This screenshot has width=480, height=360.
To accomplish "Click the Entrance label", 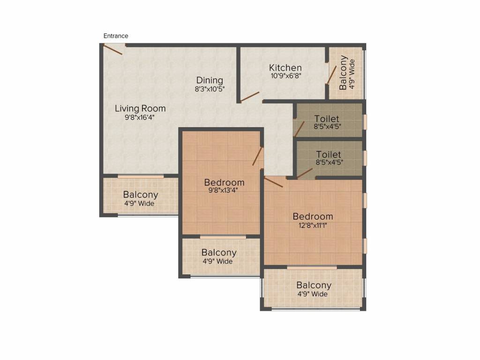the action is click(116, 36).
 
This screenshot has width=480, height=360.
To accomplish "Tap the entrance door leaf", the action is click(113, 50).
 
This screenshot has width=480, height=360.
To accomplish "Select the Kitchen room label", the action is click(285, 67).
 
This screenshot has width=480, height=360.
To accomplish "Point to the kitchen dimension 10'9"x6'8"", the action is click(286, 75).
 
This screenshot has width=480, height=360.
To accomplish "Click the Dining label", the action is click(210, 80).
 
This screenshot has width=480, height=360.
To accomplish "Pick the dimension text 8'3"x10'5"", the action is click(210, 89).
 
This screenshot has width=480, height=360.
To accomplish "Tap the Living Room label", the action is click(140, 108).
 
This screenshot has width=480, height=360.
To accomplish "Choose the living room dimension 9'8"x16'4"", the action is click(139, 117).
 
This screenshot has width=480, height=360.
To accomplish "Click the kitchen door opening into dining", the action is click(250, 97).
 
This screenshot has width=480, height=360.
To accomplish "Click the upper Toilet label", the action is click(327, 119).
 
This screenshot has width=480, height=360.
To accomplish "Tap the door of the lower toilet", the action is click(305, 173).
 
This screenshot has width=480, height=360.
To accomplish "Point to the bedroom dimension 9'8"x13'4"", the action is click(223, 190).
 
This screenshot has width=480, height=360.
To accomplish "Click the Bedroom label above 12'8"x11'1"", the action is click(313, 217).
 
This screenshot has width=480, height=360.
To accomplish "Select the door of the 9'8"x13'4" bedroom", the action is click(258, 157).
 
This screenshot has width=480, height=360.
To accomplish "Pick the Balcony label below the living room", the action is click(141, 195).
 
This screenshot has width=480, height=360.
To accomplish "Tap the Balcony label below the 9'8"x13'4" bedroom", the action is click(219, 253).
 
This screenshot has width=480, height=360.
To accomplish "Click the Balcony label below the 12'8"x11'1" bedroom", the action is click(314, 285).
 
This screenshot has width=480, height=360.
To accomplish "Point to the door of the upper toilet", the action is click(300, 129).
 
